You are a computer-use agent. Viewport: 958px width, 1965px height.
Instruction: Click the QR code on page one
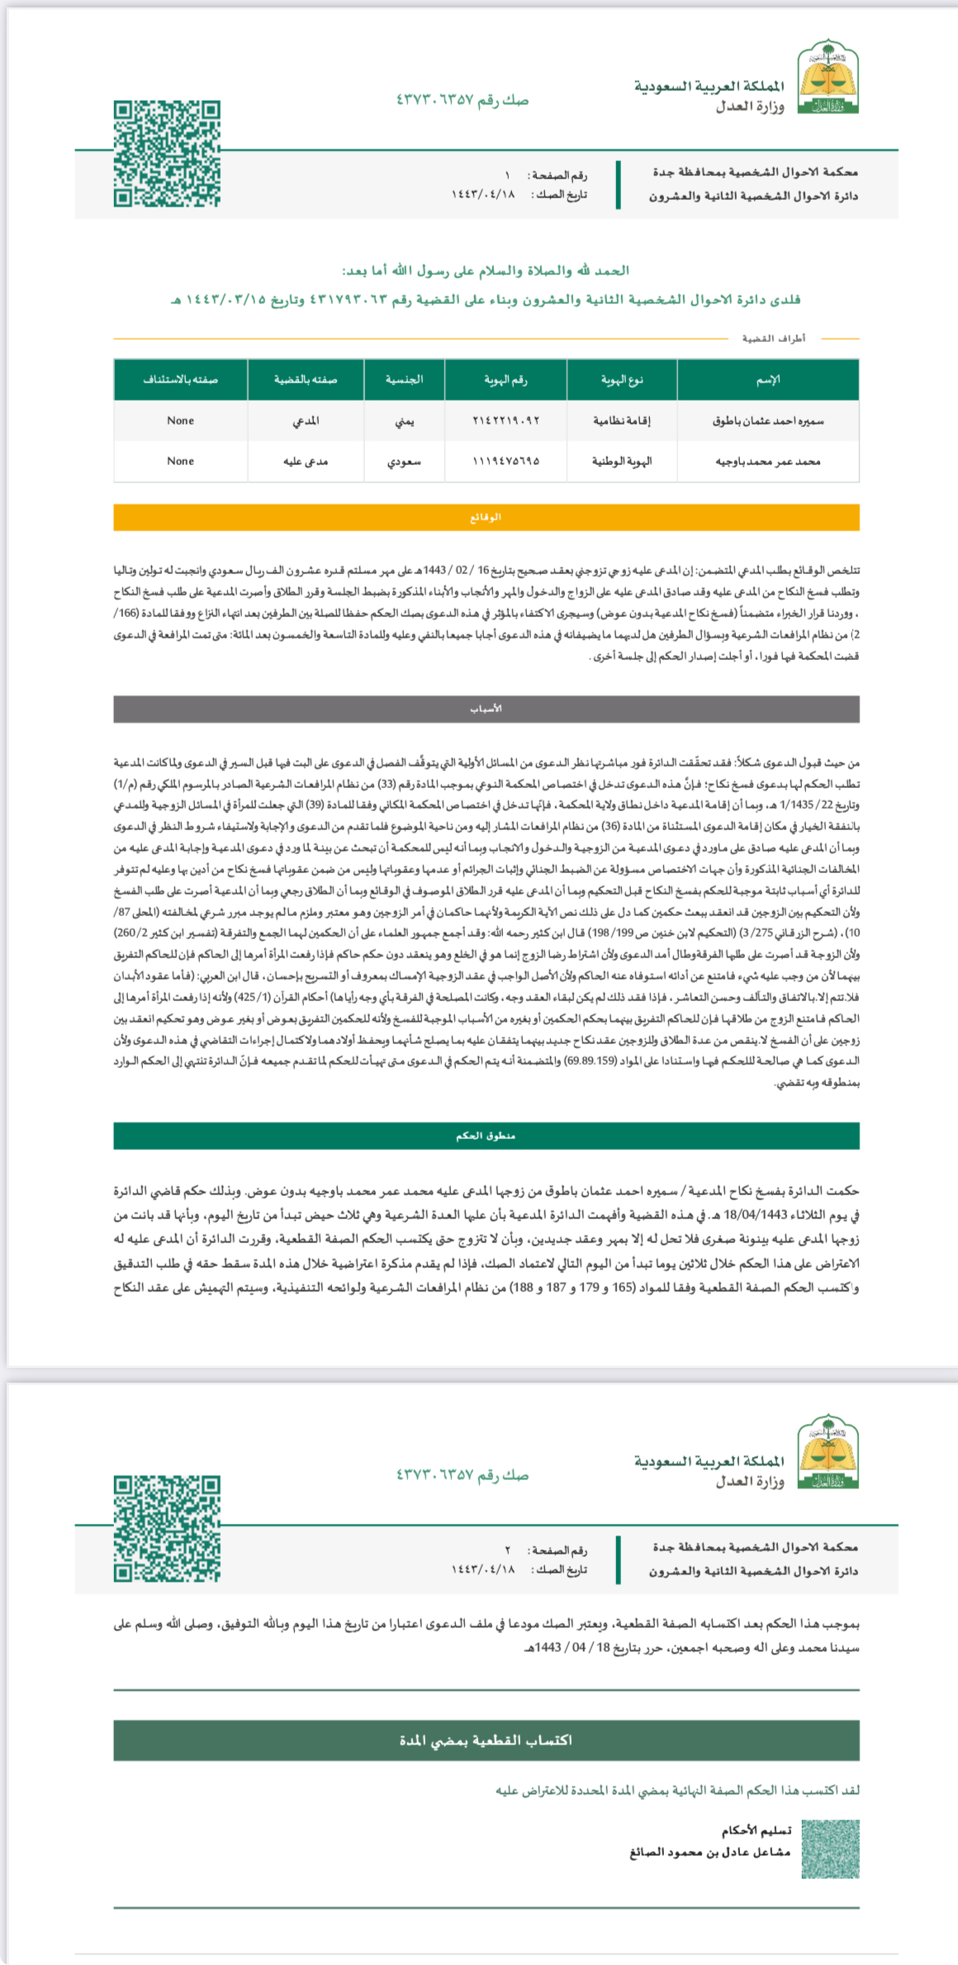tap(167, 154)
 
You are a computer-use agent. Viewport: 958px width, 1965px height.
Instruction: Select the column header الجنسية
tap(404, 379)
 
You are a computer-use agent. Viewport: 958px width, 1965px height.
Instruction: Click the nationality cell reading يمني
tap(404, 420)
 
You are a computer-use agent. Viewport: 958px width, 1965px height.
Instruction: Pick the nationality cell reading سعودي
tap(404, 461)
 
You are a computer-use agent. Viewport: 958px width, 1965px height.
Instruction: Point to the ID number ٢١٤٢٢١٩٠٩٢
tap(505, 420)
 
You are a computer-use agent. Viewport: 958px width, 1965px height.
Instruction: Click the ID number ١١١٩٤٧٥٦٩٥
tap(505, 461)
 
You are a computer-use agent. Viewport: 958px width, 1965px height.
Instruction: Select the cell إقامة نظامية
tap(621, 420)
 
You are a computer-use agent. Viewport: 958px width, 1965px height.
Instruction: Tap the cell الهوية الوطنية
tap(621, 461)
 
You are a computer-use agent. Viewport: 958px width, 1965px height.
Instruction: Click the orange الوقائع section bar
tap(486, 517)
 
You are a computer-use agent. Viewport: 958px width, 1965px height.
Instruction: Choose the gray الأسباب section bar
tap(486, 709)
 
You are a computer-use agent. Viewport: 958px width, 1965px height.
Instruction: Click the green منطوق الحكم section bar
tap(486, 1136)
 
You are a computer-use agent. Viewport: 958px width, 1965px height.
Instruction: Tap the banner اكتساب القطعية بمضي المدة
tap(486, 1740)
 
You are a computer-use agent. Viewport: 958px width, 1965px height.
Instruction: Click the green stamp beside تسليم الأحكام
tap(831, 1849)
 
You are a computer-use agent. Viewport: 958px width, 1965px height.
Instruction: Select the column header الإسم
tap(767, 379)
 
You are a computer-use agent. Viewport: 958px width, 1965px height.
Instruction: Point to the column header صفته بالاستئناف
tap(180, 379)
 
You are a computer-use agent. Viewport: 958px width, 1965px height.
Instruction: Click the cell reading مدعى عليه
tap(306, 461)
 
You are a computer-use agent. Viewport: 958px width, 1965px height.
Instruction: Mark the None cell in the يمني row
tap(180, 420)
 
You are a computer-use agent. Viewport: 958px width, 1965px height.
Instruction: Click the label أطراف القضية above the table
tap(773, 339)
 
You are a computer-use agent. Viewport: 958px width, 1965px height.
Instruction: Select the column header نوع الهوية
tap(621, 379)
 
